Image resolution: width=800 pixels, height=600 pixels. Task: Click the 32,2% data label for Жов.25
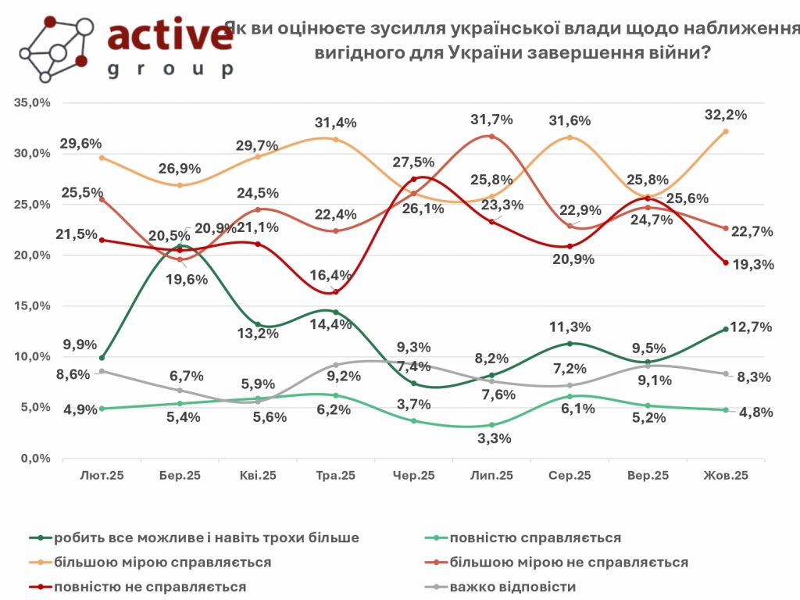pos(725,114)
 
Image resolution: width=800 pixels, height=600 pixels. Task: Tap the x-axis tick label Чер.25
pos(414,475)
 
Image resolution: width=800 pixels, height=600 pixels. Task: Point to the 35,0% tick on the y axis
pos(32,102)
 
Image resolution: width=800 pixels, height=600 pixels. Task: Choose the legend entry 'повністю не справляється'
pos(150,586)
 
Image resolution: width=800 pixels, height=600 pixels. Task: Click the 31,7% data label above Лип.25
pos(491,120)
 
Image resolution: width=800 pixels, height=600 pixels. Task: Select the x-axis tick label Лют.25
pos(102,475)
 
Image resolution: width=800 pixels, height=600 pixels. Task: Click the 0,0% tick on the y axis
pos(35,459)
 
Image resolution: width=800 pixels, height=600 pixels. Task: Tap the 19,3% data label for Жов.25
pos(752,265)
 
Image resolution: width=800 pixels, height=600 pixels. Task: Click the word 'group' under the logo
pos(170,70)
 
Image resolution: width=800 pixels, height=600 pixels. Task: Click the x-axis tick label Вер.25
pos(648,475)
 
